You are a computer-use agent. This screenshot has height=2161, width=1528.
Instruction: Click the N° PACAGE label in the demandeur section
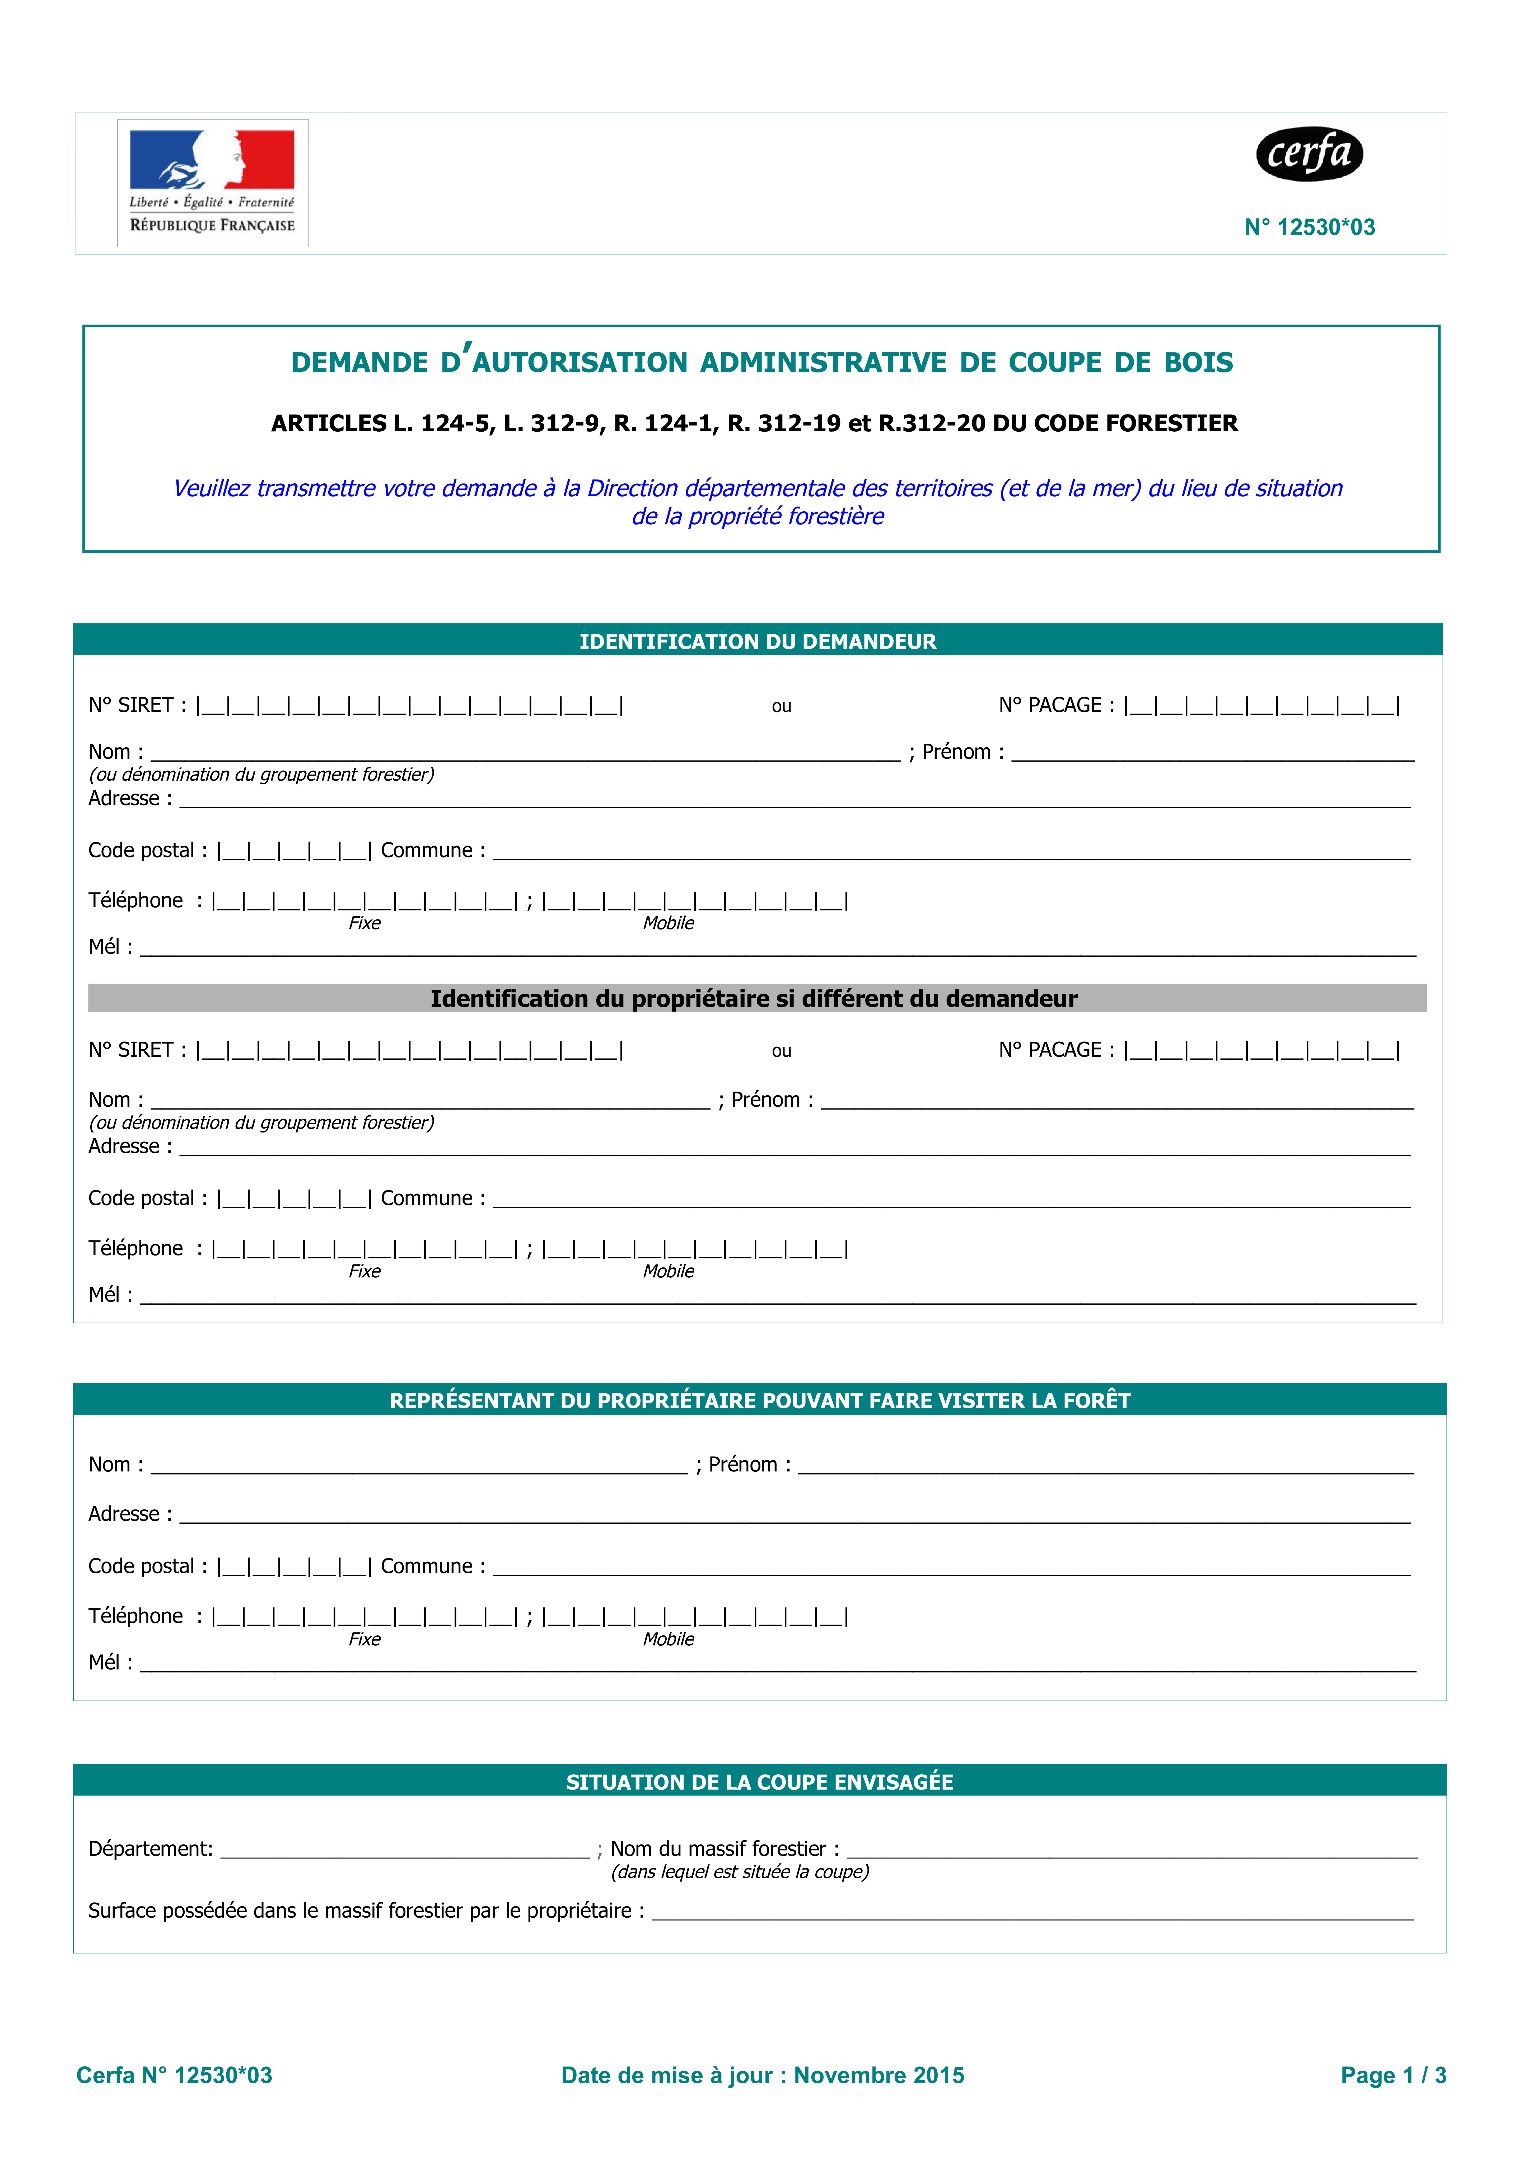tap(1055, 705)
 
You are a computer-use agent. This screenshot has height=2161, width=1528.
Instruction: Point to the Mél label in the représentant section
tap(109, 1662)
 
